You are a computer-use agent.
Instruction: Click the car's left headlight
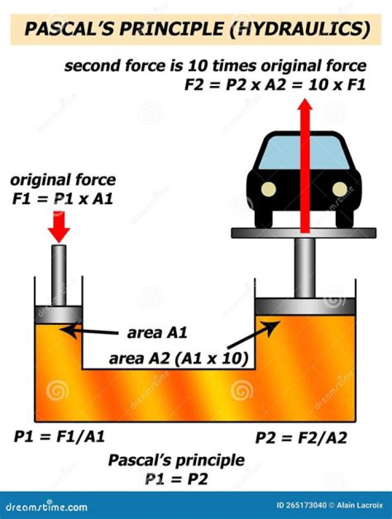tap(268, 189)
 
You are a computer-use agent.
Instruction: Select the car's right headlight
tap(340, 189)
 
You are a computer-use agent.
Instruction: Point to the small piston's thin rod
tap(59, 275)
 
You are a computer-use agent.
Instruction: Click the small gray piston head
tap(59, 314)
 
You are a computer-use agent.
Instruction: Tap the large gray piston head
tap(305, 306)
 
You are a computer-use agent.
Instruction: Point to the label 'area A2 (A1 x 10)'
tap(179, 359)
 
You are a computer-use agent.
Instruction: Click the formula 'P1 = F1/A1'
tap(59, 437)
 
